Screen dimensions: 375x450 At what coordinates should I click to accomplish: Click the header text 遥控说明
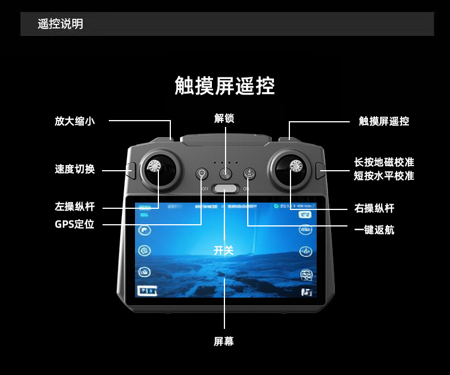tap(60, 24)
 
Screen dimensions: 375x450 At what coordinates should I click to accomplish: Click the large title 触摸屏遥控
tap(224, 86)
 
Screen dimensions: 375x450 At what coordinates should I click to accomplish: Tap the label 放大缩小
tap(75, 121)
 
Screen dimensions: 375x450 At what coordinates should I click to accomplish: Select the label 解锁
tap(224, 118)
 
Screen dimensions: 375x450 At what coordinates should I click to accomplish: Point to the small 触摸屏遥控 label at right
tap(383, 121)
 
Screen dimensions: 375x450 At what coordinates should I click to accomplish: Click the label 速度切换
tap(75, 169)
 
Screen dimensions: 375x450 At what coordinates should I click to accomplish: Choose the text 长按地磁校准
tap(383, 163)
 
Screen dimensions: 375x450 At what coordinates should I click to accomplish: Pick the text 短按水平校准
tap(383, 176)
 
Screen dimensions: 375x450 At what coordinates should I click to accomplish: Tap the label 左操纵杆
tap(75, 207)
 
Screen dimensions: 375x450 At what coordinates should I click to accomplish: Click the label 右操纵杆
tap(374, 208)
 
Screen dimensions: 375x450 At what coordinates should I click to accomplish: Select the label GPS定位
tap(75, 224)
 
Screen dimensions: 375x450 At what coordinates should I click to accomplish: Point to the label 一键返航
tap(374, 229)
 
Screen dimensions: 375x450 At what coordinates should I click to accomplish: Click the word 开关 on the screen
tap(224, 250)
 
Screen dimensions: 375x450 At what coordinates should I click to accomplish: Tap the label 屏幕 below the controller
tap(224, 341)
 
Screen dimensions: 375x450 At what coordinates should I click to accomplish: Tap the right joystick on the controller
tap(295, 167)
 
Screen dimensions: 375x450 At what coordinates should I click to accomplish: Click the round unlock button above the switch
tap(226, 174)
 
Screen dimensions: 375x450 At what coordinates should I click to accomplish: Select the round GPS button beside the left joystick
tap(202, 174)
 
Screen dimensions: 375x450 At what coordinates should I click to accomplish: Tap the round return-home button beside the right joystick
tap(249, 174)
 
